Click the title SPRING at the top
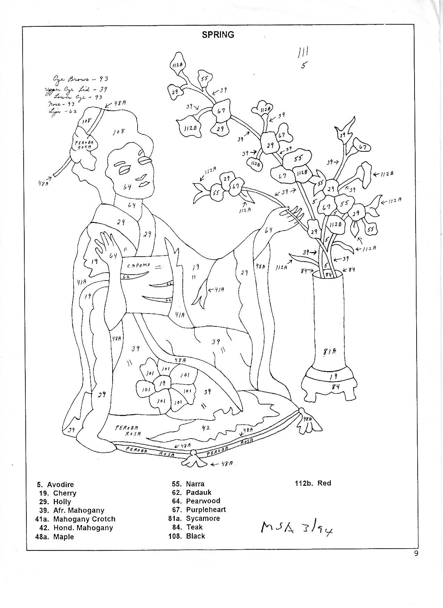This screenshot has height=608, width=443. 218,35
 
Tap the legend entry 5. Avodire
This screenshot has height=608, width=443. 56,484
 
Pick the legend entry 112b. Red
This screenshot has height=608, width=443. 313,483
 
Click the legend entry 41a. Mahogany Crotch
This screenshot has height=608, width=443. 75,519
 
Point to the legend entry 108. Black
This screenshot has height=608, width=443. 187,536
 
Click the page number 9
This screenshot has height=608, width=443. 416,554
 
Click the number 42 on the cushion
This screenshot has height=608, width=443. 206,428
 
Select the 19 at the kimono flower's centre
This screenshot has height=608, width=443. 162,383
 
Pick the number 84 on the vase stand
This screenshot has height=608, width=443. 335,386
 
